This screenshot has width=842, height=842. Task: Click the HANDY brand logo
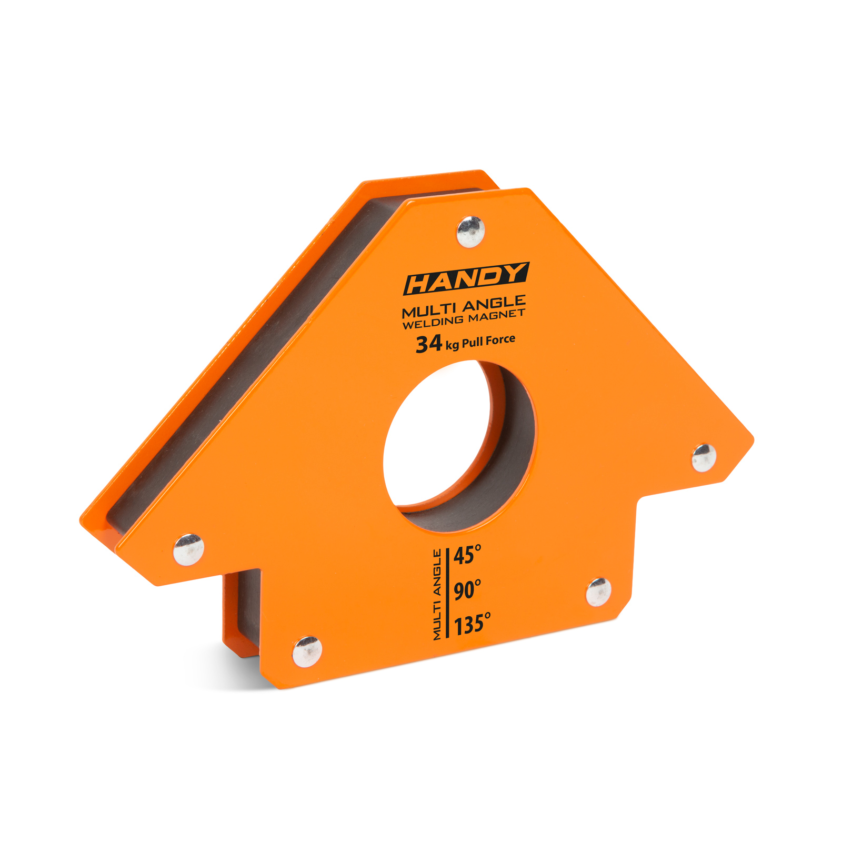pos(466,279)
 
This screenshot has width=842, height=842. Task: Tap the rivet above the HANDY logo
pos(470,232)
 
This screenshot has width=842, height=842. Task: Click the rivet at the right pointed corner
pos(704,457)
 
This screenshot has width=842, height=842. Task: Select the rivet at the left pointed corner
pos(188,549)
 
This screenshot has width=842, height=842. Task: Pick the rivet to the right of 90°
pos(598,592)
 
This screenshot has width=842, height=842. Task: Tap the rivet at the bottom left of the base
pos(307,651)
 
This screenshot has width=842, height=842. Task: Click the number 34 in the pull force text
pos(428,344)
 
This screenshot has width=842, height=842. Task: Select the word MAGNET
pos(497,316)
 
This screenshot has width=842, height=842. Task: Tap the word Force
pos(500,340)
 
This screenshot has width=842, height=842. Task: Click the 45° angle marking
pos(467,555)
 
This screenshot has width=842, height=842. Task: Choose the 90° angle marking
pos(467,590)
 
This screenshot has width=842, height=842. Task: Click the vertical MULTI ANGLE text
pos(437,595)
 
